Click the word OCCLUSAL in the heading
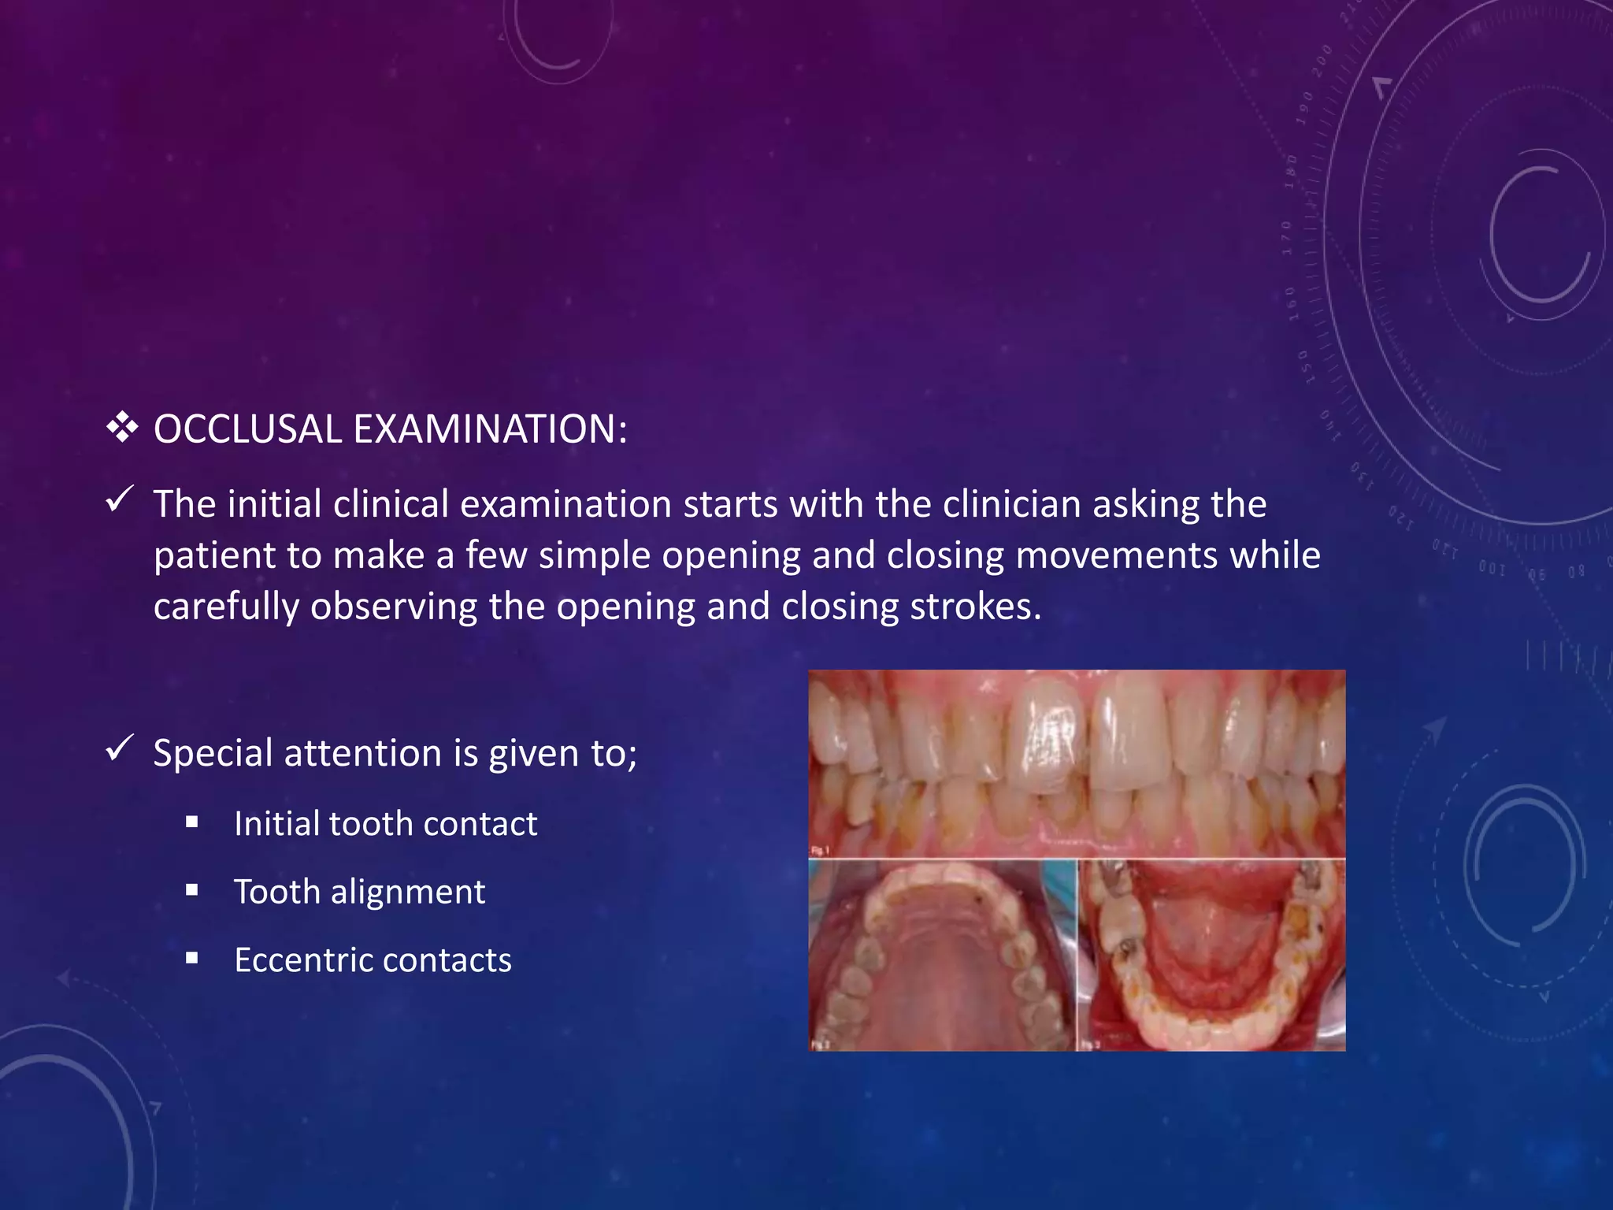(247, 429)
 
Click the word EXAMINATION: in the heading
(490, 429)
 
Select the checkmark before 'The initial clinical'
(119, 499)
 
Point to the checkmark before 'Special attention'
(119, 748)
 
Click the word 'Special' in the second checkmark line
(213, 753)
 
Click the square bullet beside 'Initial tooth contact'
(192, 823)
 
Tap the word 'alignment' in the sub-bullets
(407, 893)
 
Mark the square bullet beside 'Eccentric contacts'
(192, 959)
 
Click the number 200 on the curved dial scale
(1322, 62)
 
